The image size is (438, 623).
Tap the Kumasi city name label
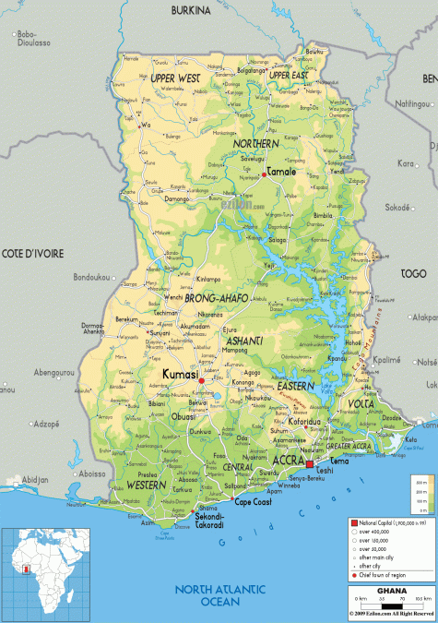[180, 374]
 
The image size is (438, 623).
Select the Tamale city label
[281, 172]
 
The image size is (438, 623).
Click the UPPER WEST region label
[175, 79]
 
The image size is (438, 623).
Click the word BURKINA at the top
[191, 10]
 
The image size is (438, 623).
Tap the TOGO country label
[412, 274]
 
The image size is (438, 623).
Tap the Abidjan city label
[35, 480]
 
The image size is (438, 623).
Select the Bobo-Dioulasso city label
[33, 39]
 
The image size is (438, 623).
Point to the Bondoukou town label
[91, 277]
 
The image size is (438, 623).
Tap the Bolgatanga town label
[251, 69]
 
